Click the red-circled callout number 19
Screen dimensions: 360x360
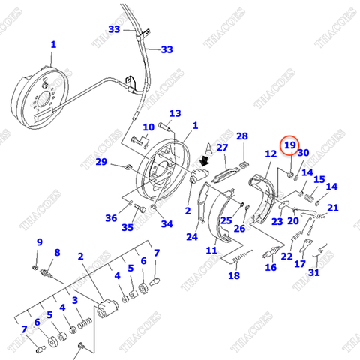point(289,144)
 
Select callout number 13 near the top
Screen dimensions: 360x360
point(175,114)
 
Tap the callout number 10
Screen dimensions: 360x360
point(148,127)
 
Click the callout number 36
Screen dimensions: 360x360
point(112,218)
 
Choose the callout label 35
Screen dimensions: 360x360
point(128,227)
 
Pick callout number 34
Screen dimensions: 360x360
point(166,223)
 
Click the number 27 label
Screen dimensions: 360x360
point(222,148)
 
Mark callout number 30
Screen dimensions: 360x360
point(303,153)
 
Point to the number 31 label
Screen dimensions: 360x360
point(313,272)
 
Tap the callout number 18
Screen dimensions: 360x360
point(234,275)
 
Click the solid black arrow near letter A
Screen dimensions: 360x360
point(203,160)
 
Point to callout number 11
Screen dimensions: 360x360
point(212,250)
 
